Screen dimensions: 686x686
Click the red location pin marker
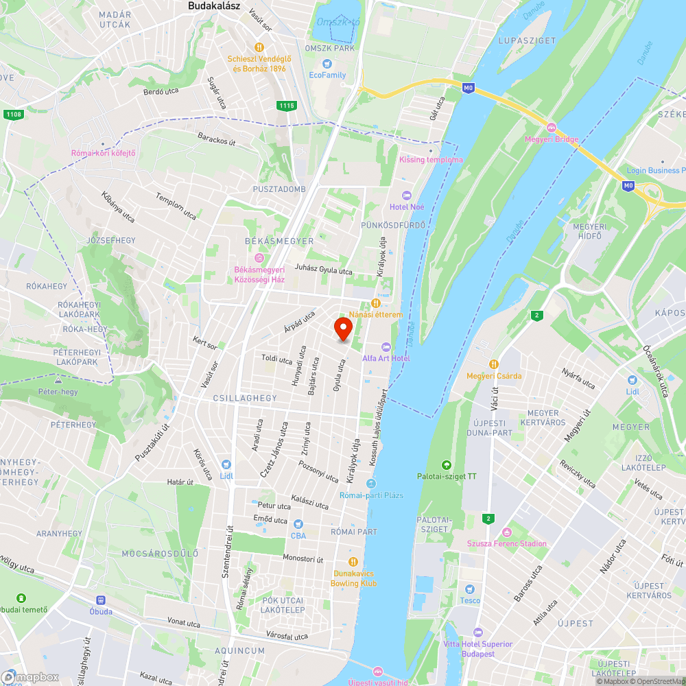pos(343,329)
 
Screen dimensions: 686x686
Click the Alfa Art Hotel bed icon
pos(386,347)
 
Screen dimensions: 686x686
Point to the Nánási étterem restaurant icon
pos(375,303)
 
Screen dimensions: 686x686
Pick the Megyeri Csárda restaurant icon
pos(493,364)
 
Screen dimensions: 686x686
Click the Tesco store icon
pos(469,589)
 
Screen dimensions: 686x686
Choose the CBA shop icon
pos(298,525)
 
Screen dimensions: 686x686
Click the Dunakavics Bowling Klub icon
pos(354,561)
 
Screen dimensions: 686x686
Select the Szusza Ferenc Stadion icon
pos(506,532)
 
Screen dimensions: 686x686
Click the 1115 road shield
pos(287,105)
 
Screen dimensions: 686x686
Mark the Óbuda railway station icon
pos(100,600)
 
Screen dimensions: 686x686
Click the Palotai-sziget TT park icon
pos(447,464)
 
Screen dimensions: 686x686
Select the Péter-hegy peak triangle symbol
pos(58,381)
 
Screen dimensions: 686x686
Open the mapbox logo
pos(31,677)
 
